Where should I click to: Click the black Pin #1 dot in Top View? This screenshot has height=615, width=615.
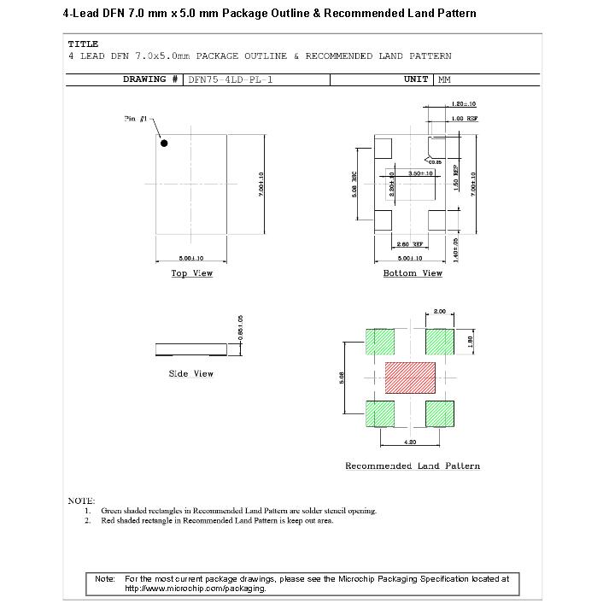point(164,143)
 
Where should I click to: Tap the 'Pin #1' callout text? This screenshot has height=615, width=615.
point(137,118)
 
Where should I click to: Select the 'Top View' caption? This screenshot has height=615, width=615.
point(191,273)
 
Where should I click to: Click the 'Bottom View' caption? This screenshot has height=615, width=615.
point(413,273)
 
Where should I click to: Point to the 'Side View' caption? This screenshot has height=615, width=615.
point(191,374)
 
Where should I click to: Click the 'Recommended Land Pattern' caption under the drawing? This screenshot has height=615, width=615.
point(413,466)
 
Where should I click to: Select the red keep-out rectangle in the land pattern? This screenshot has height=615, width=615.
point(410,378)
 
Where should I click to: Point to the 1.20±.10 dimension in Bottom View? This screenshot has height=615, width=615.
point(464,105)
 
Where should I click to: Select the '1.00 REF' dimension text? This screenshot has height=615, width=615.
point(465,119)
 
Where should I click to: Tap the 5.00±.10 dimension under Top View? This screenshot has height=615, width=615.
point(190,258)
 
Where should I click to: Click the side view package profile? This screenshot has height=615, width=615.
point(192,348)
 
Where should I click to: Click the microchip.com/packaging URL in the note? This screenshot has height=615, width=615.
point(196,589)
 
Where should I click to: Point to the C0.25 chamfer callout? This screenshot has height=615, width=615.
point(435,161)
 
